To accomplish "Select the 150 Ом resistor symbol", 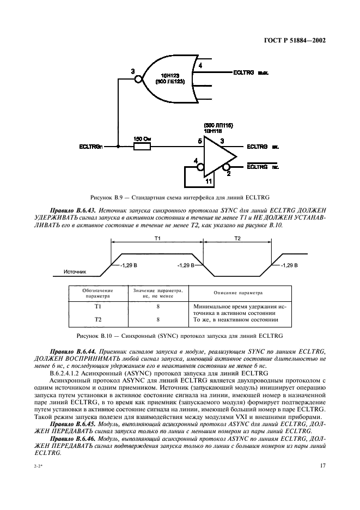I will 142,147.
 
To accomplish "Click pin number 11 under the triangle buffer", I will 209,179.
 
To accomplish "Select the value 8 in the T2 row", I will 157,319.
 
